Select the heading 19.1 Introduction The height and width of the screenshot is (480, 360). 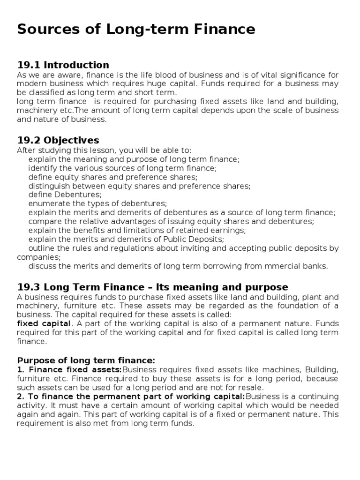click(x=63, y=65)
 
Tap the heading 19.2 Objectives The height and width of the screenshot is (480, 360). click(x=58, y=140)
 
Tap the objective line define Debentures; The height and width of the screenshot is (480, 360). click(x=65, y=195)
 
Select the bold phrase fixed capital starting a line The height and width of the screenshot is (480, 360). click(x=44, y=323)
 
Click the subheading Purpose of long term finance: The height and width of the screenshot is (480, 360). click(x=86, y=360)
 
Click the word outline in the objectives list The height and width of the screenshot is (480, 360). click(x=42, y=248)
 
